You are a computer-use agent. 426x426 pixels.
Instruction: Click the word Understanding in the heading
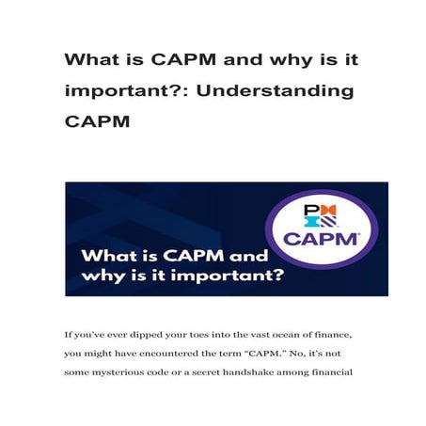pyautogui.click(x=280, y=91)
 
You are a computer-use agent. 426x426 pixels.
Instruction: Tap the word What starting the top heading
pyautogui.click(x=92, y=59)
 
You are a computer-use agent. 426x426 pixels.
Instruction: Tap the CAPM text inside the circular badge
pyautogui.click(x=321, y=239)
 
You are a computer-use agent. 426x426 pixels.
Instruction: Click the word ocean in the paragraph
pyautogui.click(x=262, y=335)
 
